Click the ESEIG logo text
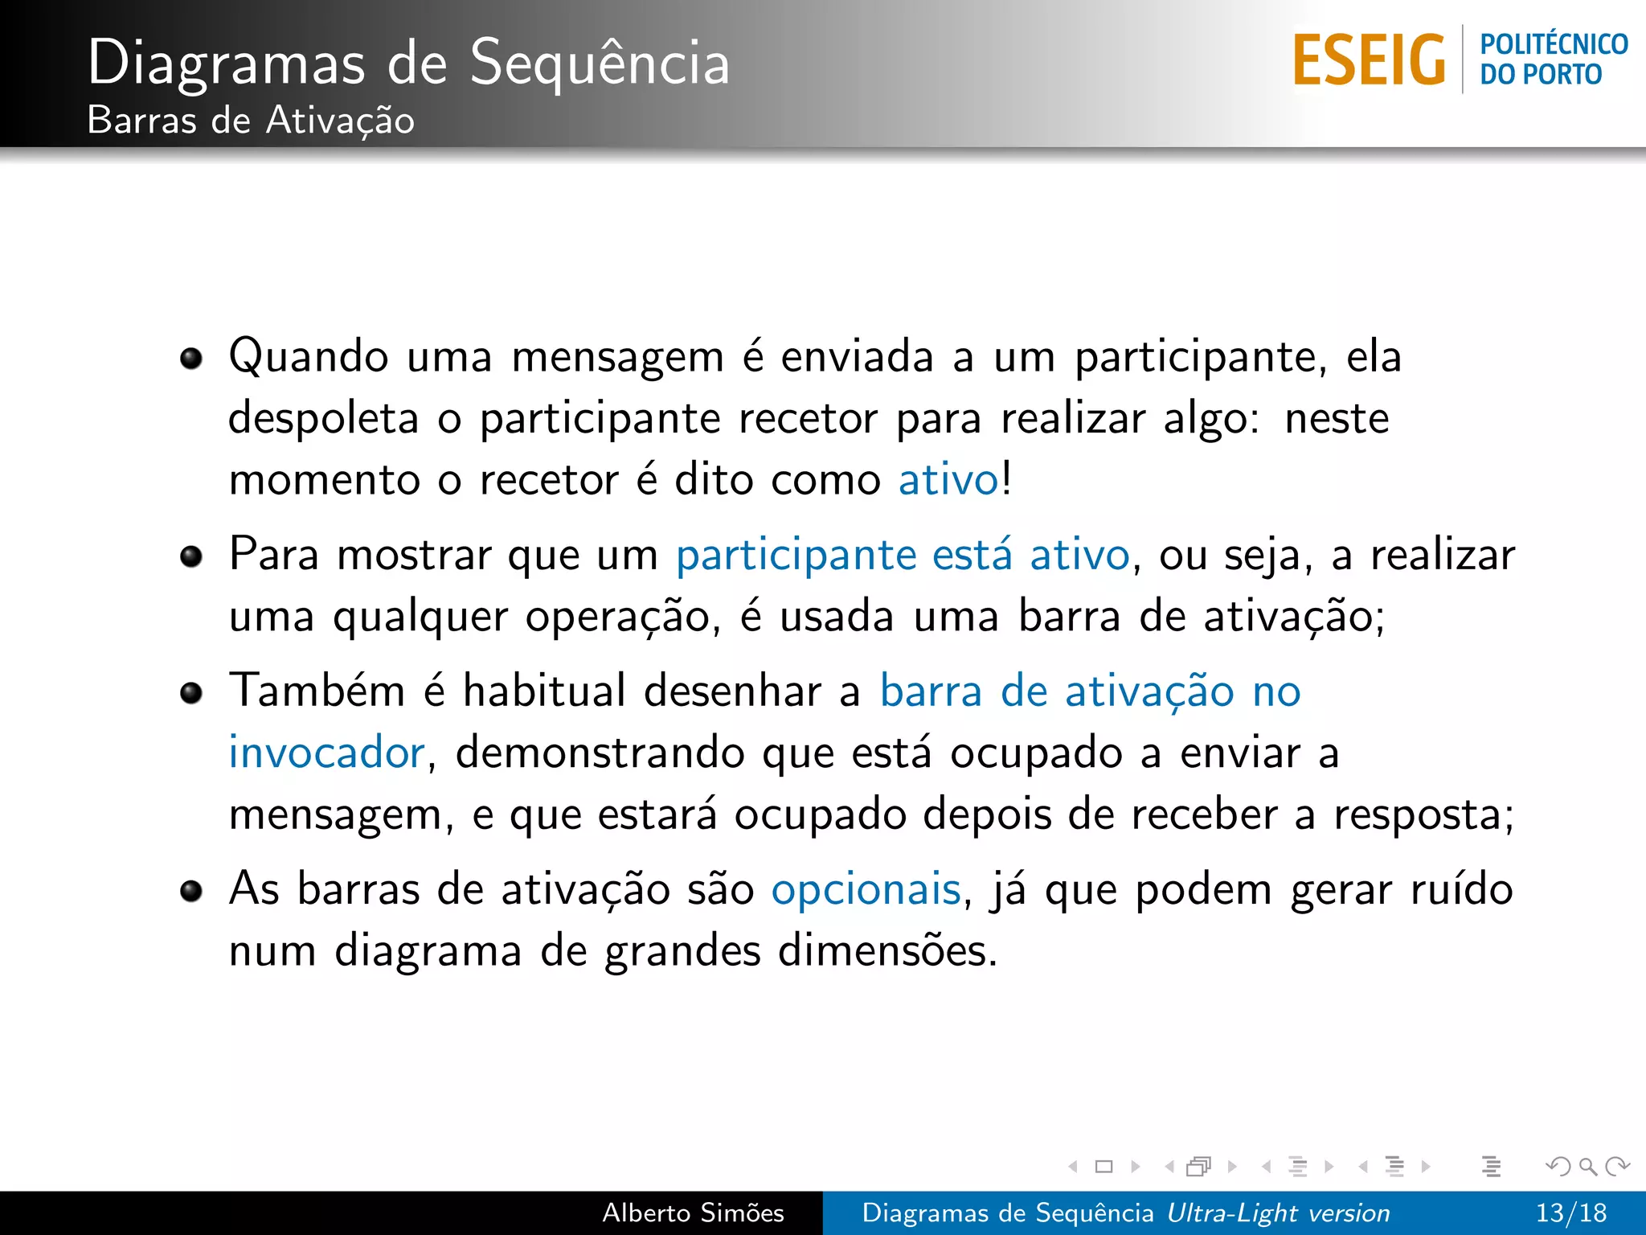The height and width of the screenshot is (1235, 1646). tap(1369, 59)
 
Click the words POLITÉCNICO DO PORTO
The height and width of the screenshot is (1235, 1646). tap(1553, 59)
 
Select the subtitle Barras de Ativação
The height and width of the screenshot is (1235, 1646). tap(251, 121)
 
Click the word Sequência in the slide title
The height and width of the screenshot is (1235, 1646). tap(600, 63)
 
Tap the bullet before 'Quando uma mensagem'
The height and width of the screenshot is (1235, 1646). tap(191, 359)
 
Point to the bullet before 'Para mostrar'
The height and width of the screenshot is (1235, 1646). tap(191, 556)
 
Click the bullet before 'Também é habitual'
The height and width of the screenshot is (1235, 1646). tap(191, 692)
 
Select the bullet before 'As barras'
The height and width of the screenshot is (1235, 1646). tap(191, 891)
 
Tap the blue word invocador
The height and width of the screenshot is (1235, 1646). tap(326, 753)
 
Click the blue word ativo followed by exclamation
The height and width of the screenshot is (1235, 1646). tap(948, 481)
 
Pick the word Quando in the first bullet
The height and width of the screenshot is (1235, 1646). tap(309, 357)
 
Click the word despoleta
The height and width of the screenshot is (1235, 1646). tap(323, 419)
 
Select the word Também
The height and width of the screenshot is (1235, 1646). tap(317, 691)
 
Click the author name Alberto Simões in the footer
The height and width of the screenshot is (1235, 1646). tap(693, 1212)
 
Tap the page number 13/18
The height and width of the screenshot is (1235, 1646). tap(1570, 1212)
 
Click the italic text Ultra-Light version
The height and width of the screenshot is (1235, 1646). tap(1278, 1212)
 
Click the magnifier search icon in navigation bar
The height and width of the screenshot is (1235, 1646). tap(1587, 1166)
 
